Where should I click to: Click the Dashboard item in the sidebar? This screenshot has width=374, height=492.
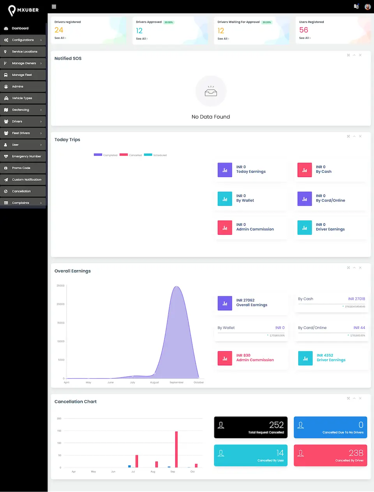point(20,28)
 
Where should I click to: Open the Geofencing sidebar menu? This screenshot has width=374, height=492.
point(21,110)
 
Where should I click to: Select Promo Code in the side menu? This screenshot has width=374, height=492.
point(21,168)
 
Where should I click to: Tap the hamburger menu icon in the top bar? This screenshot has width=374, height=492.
point(54,7)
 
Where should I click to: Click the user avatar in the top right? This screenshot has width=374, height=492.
point(367,7)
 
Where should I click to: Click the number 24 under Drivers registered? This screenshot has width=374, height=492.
point(59,30)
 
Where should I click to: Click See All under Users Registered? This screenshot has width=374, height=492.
point(305,38)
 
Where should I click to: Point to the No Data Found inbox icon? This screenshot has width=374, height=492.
point(211,92)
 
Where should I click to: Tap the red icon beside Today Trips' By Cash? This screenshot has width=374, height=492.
point(305,170)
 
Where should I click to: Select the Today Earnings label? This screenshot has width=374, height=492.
point(251,172)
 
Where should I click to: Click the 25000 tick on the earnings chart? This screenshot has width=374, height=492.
point(61,286)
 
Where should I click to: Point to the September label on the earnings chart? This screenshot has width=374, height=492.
point(176,382)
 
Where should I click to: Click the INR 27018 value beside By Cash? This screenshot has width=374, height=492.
point(356,299)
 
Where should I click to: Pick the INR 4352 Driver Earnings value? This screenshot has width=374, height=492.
point(325,356)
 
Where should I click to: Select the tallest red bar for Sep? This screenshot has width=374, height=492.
point(176,449)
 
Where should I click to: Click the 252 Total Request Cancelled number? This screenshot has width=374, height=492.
point(276,425)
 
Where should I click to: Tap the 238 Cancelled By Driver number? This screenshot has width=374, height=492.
point(356,453)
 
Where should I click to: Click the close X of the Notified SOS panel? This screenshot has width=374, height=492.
point(360,55)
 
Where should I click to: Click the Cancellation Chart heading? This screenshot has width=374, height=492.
point(76,402)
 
